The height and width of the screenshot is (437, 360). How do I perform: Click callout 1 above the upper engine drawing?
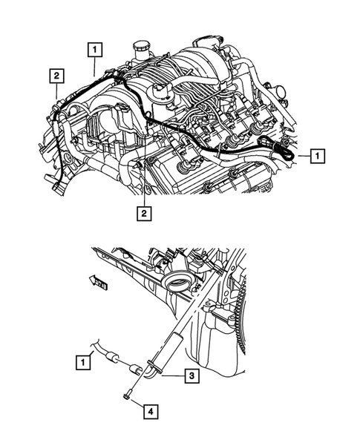tap(94, 50)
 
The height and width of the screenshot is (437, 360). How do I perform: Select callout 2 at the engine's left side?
tap(56, 75)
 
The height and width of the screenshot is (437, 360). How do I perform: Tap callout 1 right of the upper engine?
tap(317, 156)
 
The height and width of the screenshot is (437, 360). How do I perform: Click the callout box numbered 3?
tap(192, 376)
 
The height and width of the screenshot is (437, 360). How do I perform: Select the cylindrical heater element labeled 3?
tap(167, 349)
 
